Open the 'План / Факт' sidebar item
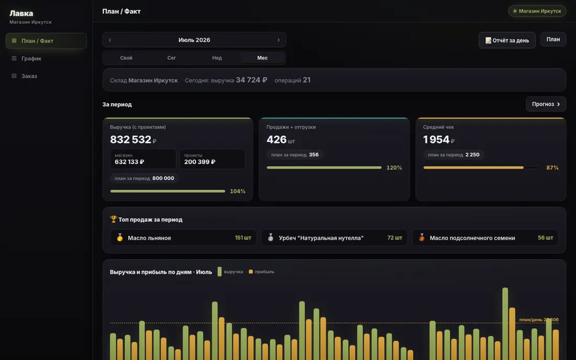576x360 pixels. [46, 41]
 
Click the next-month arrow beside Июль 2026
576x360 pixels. [279, 40]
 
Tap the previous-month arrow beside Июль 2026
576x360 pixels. [110, 40]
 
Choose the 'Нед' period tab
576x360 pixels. [217, 58]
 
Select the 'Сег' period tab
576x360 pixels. [172, 58]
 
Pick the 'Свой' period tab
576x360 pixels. [126, 58]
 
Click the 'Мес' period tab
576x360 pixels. [262, 58]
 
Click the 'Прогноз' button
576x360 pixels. [546, 104]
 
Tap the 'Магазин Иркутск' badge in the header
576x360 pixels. [537, 11]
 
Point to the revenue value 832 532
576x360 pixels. [131, 140]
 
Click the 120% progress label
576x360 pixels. [394, 168]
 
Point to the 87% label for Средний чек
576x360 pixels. [552, 168]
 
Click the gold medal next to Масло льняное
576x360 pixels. [120, 238]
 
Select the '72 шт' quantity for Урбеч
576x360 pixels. [394, 238]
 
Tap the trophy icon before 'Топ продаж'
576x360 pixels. [113, 219]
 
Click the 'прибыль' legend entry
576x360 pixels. [261, 272]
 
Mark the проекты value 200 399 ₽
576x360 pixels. [200, 162]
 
